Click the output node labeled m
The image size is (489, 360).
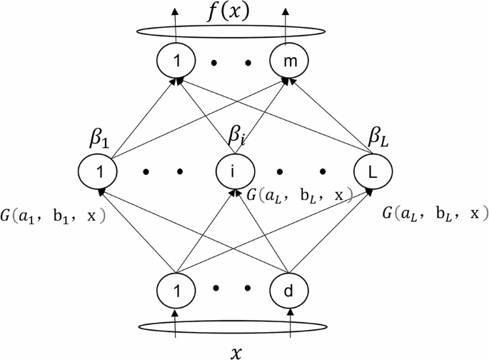(289, 64)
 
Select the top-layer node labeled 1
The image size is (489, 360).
(174, 64)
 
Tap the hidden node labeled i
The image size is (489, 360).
(231, 171)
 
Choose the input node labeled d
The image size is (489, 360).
(289, 290)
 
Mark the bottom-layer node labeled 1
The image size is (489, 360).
(176, 290)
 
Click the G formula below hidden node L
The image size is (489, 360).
(435, 213)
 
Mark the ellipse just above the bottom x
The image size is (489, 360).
(233, 327)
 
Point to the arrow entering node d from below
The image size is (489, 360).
(290, 321)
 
